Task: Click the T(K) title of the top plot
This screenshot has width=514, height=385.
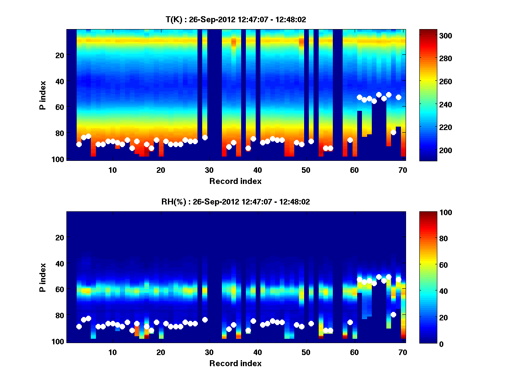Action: (236, 19)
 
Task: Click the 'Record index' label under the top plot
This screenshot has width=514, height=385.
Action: (236, 181)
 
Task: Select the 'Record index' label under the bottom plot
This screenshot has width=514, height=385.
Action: (236, 363)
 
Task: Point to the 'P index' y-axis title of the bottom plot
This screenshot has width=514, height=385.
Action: (43, 277)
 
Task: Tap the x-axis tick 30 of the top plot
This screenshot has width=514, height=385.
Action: (209, 170)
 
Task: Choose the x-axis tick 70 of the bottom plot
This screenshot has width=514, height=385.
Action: (403, 352)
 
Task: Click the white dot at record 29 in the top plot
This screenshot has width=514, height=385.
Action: (205, 137)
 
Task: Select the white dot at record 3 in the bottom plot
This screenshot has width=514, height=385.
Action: (79, 326)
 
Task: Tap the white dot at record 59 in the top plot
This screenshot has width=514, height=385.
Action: (350, 140)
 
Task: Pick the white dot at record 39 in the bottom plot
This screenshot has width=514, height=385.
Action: (253, 321)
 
